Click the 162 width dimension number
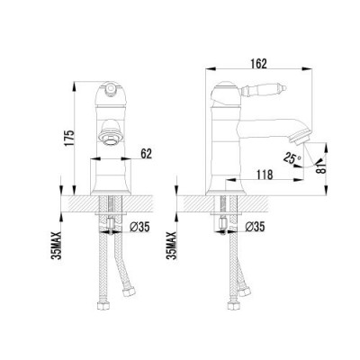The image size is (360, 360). click(x=258, y=63)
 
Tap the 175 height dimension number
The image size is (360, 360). click(x=68, y=138)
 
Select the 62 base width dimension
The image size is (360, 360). click(x=147, y=154)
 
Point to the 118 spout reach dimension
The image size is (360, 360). click(x=265, y=175)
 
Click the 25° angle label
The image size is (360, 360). click(x=292, y=158)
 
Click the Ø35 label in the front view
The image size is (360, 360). click(x=139, y=227)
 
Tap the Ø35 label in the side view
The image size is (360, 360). click(x=255, y=227)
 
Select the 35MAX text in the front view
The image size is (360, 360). click(x=57, y=246)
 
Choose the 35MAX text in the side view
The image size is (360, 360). click(x=172, y=246)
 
